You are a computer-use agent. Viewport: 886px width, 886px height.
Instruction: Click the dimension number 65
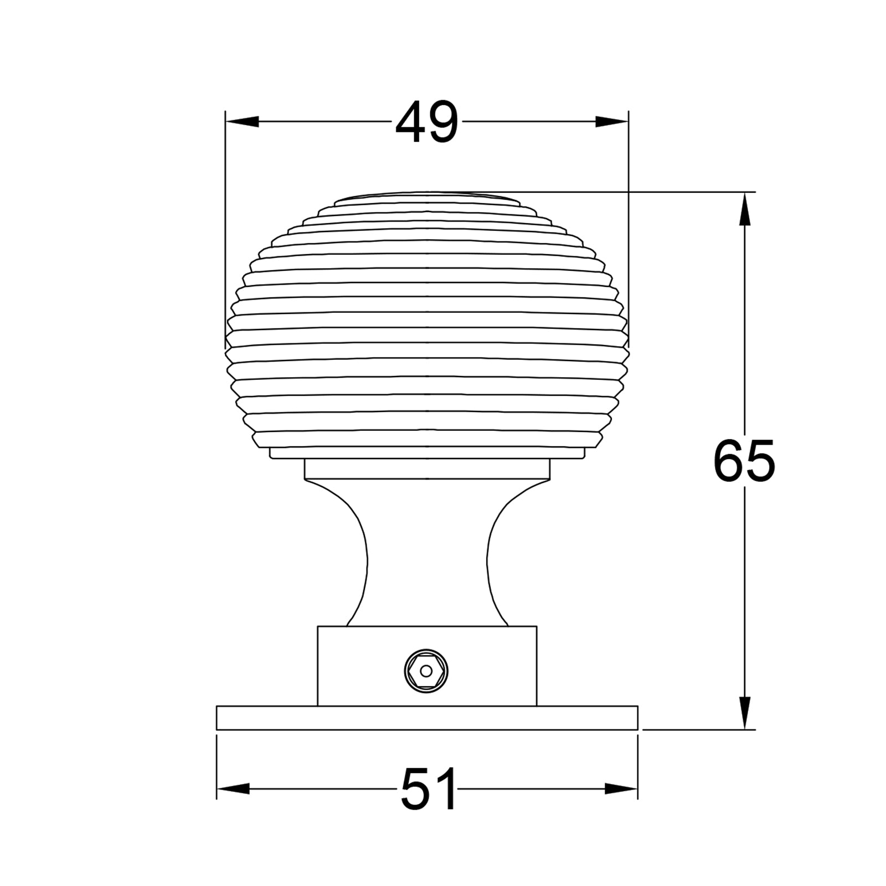[x=744, y=460]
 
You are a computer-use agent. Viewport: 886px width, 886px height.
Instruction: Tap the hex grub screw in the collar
[x=426, y=671]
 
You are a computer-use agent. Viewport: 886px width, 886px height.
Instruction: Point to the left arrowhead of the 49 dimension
[x=242, y=122]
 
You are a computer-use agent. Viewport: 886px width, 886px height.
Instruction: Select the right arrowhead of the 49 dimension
[x=612, y=122]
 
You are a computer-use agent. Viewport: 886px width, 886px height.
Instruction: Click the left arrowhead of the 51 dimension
[x=233, y=788]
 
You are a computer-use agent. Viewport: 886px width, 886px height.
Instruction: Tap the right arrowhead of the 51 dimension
[x=621, y=788]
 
